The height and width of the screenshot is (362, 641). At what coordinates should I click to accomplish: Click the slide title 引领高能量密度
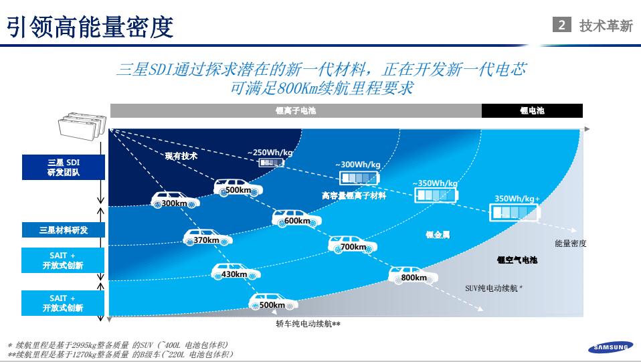90,26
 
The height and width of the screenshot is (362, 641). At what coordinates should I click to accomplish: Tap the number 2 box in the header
561,25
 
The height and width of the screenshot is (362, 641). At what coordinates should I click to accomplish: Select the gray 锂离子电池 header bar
296,111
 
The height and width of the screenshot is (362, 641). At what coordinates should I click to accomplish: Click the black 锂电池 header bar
532,111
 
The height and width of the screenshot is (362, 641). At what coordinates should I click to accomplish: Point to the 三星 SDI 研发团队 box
64,167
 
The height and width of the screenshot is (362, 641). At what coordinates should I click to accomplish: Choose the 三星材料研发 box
64,230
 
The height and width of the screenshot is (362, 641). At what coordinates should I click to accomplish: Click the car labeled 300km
175,200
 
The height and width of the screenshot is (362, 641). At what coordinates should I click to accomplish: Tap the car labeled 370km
207,238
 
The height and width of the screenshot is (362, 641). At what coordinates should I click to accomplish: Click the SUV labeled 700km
353,244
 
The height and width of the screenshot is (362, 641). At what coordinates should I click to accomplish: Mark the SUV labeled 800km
414,275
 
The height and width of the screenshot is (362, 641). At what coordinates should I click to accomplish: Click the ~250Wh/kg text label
270,153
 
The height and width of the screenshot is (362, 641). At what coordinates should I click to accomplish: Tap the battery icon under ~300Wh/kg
359,178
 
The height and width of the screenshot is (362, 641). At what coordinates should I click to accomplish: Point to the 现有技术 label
181,156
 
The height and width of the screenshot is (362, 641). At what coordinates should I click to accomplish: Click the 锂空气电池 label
517,260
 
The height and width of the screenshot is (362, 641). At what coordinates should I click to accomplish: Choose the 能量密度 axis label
570,244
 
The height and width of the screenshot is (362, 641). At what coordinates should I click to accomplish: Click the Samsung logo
610,347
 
